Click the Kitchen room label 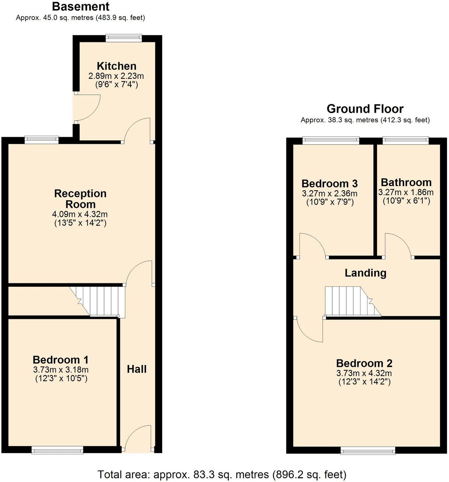click(x=117, y=66)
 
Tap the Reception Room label click(x=80, y=199)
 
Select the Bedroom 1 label click(x=61, y=359)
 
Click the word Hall click(x=137, y=369)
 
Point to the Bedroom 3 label click(x=330, y=183)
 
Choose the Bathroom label click(x=406, y=182)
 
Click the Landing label click(x=365, y=273)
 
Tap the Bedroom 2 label click(x=364, y=363)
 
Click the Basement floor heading click(x=81, y=6)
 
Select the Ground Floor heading click(x=365, y=109)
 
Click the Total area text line click(x=222, y=475)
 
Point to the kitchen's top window click(x=123, y=38)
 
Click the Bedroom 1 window click(x=57, y=450)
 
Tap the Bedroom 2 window click(x=368, y=451)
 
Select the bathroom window click(x=406, y=140)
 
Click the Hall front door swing click(x=137, y=438)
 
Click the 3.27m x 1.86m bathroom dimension click(x=406, y=193)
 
